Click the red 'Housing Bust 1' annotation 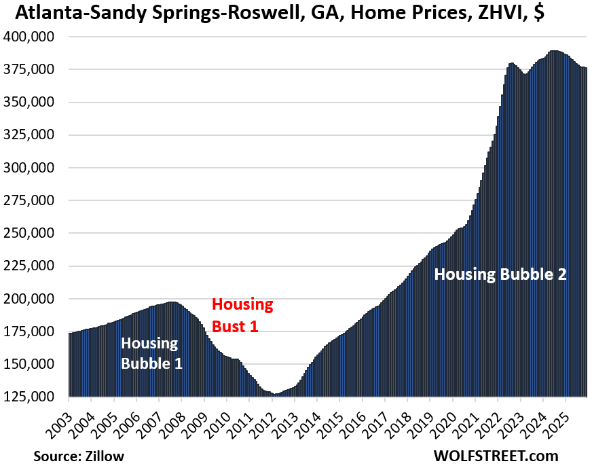pyautogui.click(x=242, y=314)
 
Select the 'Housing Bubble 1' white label pyautogui.click(x=151, y=353)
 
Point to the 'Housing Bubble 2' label pyautogui.click(x=500, y=274)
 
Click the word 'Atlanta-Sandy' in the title pyautogui.click(x=67, y=13)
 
